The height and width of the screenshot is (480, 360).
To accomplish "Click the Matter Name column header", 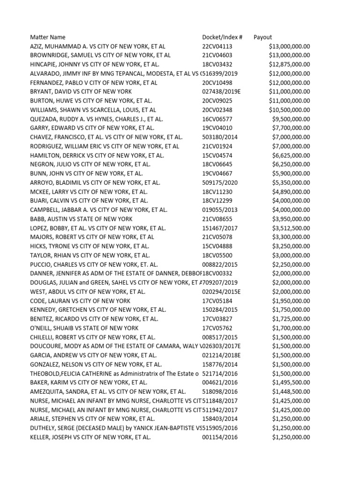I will pyautogui.click(x=48, y=37).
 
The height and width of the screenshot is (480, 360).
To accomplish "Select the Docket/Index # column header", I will pyautogui.click(x=222, y=37).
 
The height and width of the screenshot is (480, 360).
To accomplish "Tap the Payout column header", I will pyautogui.click(x=262, y=37).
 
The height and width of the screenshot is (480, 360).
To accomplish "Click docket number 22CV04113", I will pyautogui.click(x=217, y=46).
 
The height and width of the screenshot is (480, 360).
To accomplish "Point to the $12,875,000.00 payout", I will pyautogui.click(x=289, y=64).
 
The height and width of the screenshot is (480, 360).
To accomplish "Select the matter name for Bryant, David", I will pyautogui.click(x=81, y=91).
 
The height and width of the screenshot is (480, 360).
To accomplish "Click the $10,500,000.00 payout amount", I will pyautogui.click(x=289, y=110).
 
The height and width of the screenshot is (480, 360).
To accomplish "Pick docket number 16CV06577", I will pyautogui.click(x=217, y=119).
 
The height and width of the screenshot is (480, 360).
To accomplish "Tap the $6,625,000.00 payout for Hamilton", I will pyautogui.click(x=291, y=155).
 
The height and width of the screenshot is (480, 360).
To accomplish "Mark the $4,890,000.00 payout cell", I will pyautogui.click(x=291, y=192).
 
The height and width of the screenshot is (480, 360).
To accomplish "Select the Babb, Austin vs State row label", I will pyautogui.click(x=81, y=219).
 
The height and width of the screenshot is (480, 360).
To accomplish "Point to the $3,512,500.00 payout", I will pyautogui.click(x=291, y=228).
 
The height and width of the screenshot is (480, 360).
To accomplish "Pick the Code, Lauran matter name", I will pyautogui.click(x=80, y=300).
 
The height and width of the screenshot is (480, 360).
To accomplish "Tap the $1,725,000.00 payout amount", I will pyautogui.click(x=291, y=319).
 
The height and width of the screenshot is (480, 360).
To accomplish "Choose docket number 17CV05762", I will pyautogui.click(x=217, y=328).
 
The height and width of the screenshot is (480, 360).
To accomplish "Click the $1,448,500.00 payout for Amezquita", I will pyautogui.click(x=291, y=391).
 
